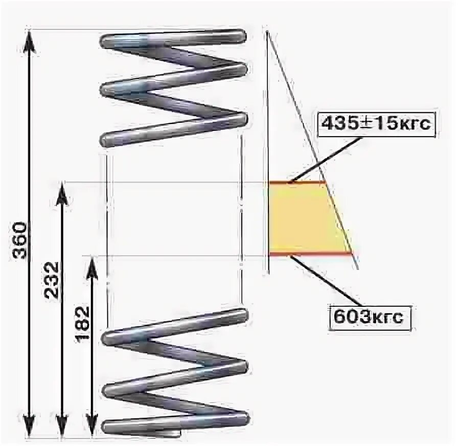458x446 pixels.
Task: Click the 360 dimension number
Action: click(19, 240)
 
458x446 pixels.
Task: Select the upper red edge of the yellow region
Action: click(296, 182)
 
